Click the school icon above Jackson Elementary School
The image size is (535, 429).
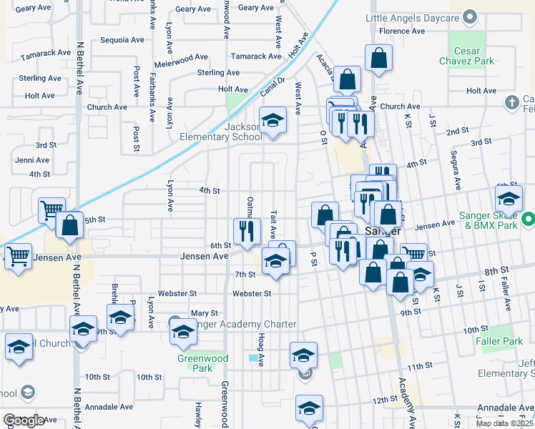click(x=272, y=121)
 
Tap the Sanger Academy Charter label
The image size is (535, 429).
click(x=243, y=324)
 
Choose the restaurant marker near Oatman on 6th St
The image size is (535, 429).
click(x=247, y=232)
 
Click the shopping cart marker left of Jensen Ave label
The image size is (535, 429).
click(x=18, y=255)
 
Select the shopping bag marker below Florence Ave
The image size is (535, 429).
click(x=379, y=59)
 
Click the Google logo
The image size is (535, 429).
click(x=24, y=420)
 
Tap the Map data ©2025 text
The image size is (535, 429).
click(x=505, y=423)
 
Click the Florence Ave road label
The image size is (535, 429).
click(x=402, y=31)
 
